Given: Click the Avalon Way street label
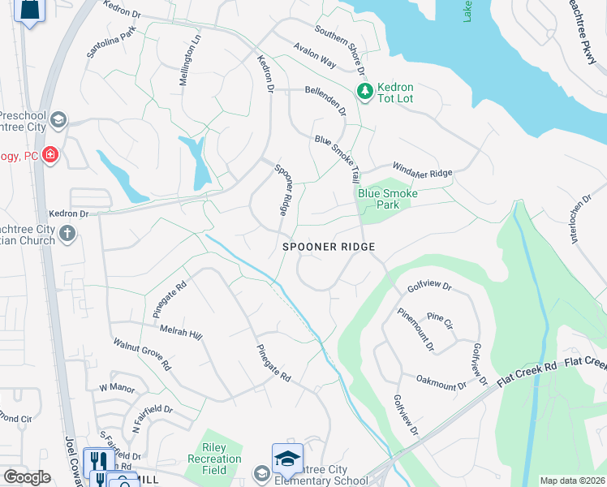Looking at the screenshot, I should click(x=315, y=56).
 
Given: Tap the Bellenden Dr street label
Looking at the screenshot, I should click(x=325, y=101).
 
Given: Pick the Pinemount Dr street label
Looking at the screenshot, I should click(x=416, y=330).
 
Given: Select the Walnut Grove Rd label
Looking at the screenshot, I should click(x=142, y=356).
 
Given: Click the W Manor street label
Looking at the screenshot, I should click(x=117, y=388).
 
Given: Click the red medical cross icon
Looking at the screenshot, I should click(x=50, y=154).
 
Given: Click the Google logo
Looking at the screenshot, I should click(x=27, y=476).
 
